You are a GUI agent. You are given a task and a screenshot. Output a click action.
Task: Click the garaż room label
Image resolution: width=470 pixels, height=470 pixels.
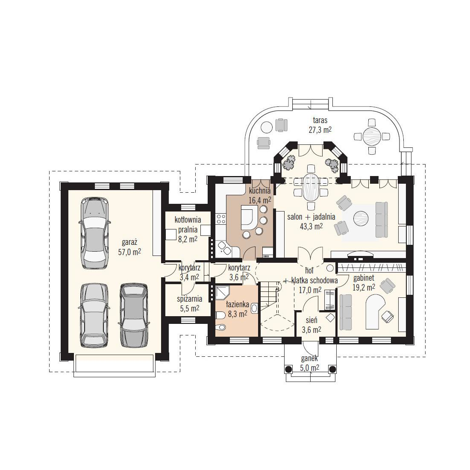point(129,242)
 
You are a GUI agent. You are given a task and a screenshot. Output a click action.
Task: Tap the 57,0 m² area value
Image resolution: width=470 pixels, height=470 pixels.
point(129,252)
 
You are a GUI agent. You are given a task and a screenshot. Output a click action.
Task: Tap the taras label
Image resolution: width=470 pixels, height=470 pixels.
point(320,120)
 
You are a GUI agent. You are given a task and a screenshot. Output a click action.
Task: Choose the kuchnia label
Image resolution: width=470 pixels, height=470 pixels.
point(260,190)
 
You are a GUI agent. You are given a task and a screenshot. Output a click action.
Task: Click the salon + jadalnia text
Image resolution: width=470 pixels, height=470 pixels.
point(311,217)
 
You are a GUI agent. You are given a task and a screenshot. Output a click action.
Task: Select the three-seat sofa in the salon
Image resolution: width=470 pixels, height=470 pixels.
point(381,220)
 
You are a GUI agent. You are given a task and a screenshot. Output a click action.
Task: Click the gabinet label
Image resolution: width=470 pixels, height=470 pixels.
point(364,278)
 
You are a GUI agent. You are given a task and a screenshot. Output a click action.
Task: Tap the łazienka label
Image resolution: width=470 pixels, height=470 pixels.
point(238,305)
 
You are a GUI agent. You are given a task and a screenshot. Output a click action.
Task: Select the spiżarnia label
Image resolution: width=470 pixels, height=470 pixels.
point(189,299)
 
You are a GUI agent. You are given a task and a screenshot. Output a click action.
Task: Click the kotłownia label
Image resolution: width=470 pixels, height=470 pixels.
point(188,220)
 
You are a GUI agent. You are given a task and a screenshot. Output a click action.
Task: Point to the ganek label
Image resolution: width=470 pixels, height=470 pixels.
point(310,358)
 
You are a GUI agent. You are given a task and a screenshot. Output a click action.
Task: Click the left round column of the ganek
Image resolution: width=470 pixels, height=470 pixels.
point(288,369)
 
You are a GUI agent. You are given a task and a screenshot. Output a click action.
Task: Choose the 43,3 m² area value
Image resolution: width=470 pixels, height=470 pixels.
point(311,226)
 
